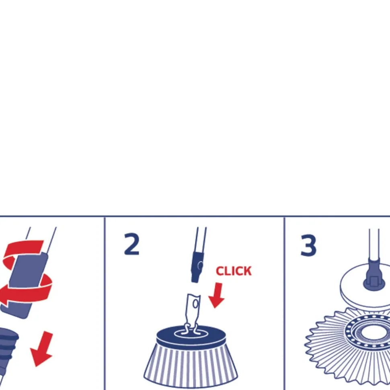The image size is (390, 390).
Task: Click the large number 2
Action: tap(131, 244)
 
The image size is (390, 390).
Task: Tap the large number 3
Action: tap(308, 245)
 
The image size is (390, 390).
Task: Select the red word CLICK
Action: tap(234, 271)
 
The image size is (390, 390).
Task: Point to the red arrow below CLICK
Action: tap(217, 295)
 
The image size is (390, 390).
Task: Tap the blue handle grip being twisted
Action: tap(25, 285)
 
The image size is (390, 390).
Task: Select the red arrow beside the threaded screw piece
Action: tap(41, 349)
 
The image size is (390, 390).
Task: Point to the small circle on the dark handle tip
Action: tap(200, 265)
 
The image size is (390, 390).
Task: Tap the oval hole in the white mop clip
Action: tap(195, 304)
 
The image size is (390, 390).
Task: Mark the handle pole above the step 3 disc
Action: tap(374, 244)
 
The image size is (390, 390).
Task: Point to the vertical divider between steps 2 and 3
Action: tap(284, 303)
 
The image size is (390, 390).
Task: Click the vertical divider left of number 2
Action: tap(105, 303)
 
